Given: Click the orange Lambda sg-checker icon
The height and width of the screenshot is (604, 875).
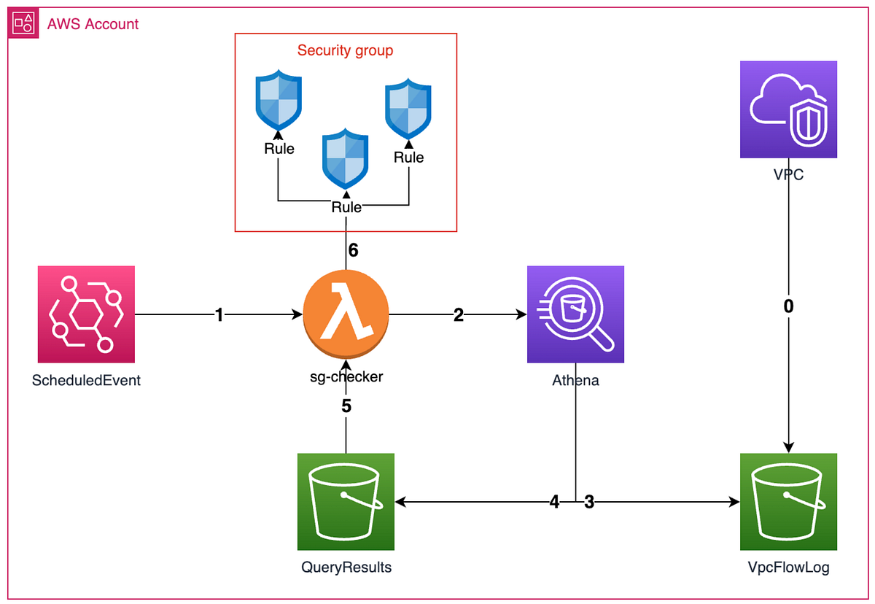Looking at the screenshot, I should [346, 314].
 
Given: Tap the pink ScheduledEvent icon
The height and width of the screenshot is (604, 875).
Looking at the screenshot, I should [86, 314].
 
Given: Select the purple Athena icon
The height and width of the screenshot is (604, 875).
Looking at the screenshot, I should [575, 314].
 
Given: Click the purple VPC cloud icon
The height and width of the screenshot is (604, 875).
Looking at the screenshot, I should [788, 109].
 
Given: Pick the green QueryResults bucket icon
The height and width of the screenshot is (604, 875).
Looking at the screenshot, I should [346, 502].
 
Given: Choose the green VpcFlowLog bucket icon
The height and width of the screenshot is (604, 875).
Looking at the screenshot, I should [788, 502].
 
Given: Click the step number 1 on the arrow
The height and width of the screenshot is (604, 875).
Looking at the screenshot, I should [219, 314].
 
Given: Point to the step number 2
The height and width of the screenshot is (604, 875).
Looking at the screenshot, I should [458, 314].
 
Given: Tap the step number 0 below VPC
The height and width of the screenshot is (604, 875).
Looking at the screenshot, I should [788, 306].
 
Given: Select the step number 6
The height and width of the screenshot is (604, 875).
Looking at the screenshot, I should [353, 250].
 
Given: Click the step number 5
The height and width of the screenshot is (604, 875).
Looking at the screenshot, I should [346, 406].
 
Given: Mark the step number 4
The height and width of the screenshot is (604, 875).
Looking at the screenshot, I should [555, 502].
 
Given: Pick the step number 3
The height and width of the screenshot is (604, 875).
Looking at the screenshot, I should [589, 502].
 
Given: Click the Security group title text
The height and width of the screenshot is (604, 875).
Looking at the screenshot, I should [345, 50].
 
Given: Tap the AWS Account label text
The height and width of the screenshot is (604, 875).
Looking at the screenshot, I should [93, 24].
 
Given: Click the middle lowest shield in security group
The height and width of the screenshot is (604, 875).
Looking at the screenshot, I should [346, 159].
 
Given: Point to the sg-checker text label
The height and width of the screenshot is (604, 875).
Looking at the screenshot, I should [346, 378].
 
